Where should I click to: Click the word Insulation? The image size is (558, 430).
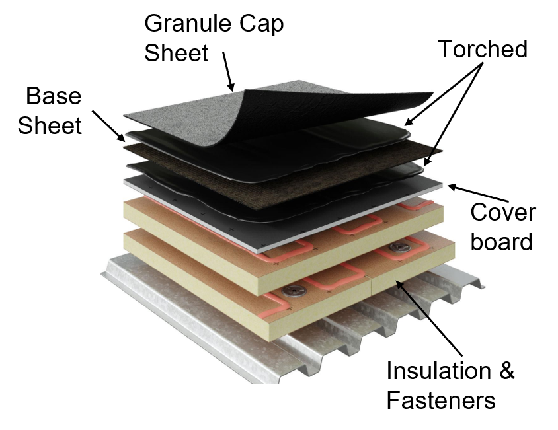(x=438, y=371)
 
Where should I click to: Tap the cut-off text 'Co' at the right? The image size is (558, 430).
(x=481, y=213)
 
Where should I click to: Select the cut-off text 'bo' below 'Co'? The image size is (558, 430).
(x=481, y=241)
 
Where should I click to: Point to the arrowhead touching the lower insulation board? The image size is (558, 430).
(x=398, y=283)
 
